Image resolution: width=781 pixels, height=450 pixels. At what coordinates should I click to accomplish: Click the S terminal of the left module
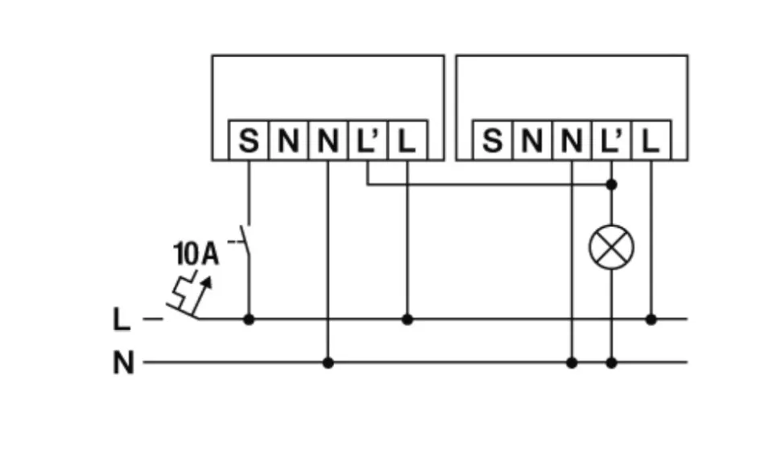[249, 142]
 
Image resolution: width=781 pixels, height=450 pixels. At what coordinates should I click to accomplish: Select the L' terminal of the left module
[367, 142]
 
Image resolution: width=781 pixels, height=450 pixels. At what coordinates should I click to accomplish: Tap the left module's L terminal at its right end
[407, 142]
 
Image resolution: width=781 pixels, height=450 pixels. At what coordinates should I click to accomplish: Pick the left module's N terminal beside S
[288, 142]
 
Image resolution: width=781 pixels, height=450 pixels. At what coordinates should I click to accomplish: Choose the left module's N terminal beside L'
[328, 142]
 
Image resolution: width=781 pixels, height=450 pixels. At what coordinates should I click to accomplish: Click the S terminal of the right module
[492, 142]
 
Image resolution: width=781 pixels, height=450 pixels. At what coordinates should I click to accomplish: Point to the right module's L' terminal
[611, 142]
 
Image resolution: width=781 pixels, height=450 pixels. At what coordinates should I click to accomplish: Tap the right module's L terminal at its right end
[651, 142]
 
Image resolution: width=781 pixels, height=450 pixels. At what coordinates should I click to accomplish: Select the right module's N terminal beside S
[531, 142]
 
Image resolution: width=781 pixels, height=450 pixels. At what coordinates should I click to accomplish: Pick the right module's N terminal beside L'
[572, 142]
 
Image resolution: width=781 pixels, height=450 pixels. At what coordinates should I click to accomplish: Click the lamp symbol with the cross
[611, 247]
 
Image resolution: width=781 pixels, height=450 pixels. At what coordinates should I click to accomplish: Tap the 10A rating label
[196, 254]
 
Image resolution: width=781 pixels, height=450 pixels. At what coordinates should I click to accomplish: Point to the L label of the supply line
[121, 320]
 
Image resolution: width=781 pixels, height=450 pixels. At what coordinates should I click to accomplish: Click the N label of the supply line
[122, 363]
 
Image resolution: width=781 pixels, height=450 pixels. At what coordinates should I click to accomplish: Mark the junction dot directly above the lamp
[611, 185]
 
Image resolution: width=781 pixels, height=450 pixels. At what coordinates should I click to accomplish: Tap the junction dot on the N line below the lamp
[611, 362]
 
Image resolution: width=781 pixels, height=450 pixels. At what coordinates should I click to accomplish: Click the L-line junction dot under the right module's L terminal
[651, 320]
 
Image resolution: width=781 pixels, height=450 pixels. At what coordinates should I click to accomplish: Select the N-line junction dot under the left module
[328, 362]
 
